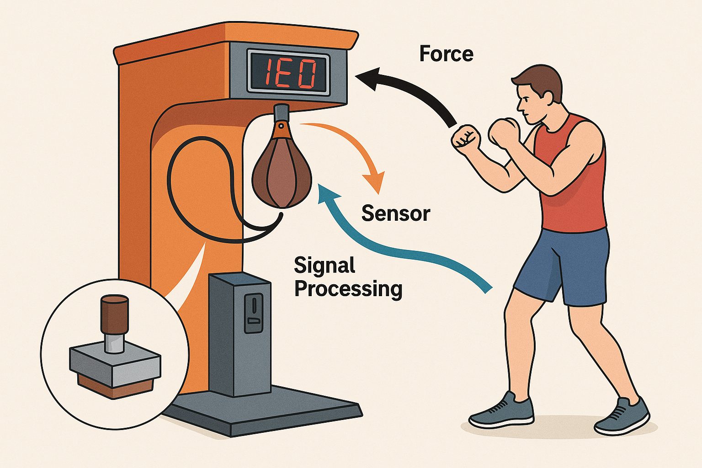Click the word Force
[446, 54]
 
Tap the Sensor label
[396, 214]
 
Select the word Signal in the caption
[324, 266]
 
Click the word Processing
[348, 289]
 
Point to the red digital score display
[289, 74]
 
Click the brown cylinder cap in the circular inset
[115, 315]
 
